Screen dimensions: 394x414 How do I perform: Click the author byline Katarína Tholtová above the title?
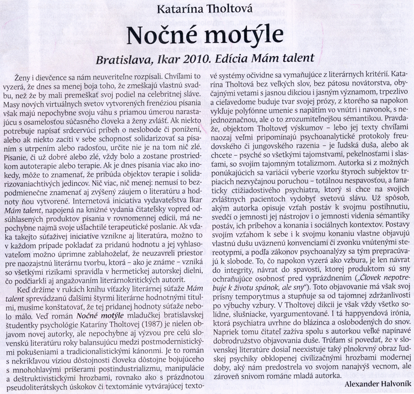207,9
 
